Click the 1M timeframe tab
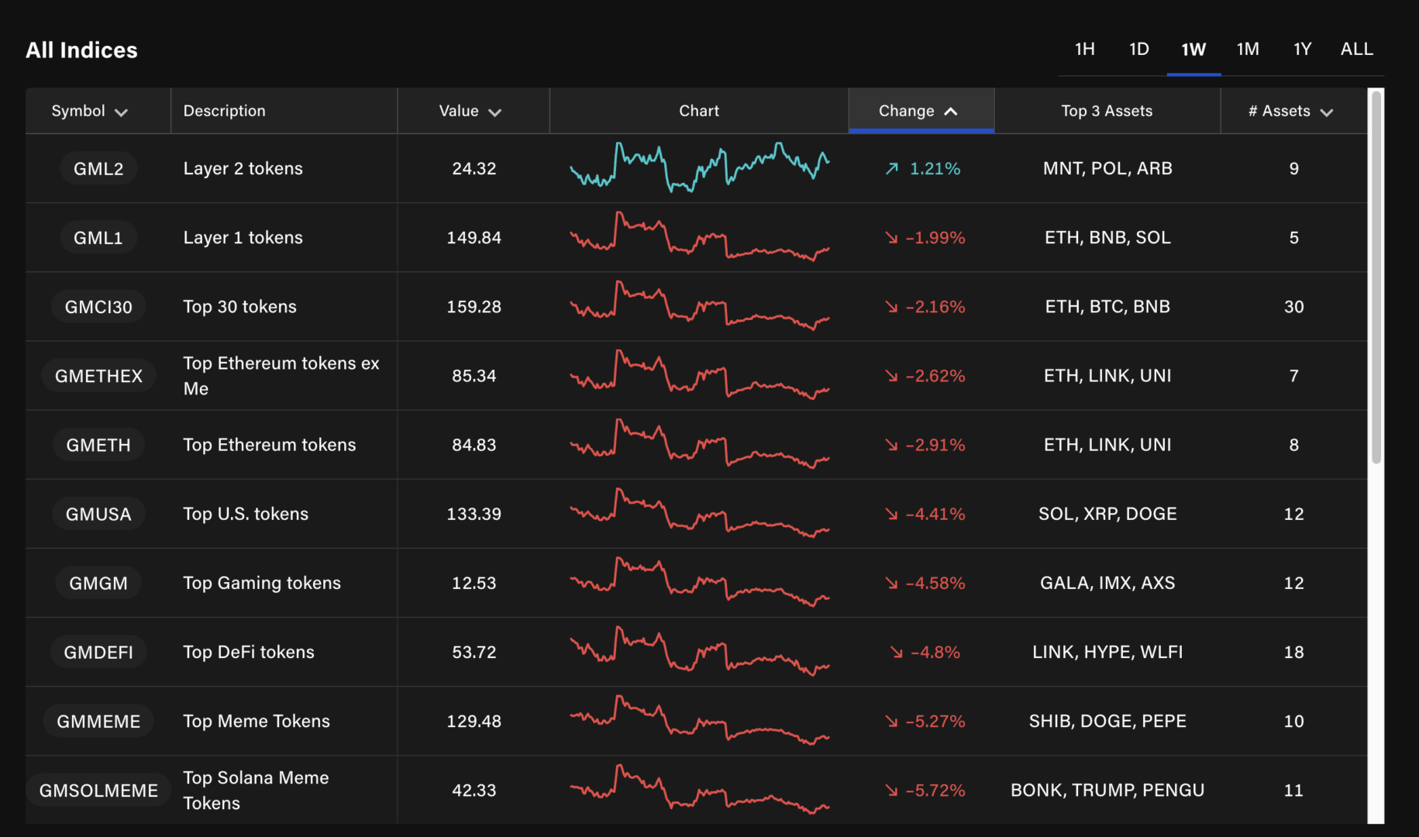point(1248,50)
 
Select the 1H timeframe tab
point(1084,50)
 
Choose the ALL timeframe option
point(1356,50)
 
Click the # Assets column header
point(1290,111)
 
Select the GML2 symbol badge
point(98,169)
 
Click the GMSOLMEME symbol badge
point(98,790)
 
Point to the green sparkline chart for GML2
point(699,167)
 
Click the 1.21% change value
point(934,169)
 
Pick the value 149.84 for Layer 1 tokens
point(474,238)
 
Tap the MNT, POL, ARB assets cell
point(1107,169)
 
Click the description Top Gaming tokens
point(262,583)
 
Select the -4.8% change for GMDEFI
point(934,653)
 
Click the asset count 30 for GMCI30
point(1293,307)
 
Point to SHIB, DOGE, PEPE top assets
point(1107,722)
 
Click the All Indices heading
point(81,50)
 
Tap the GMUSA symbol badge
point(98,514)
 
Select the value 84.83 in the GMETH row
point(474,445)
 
